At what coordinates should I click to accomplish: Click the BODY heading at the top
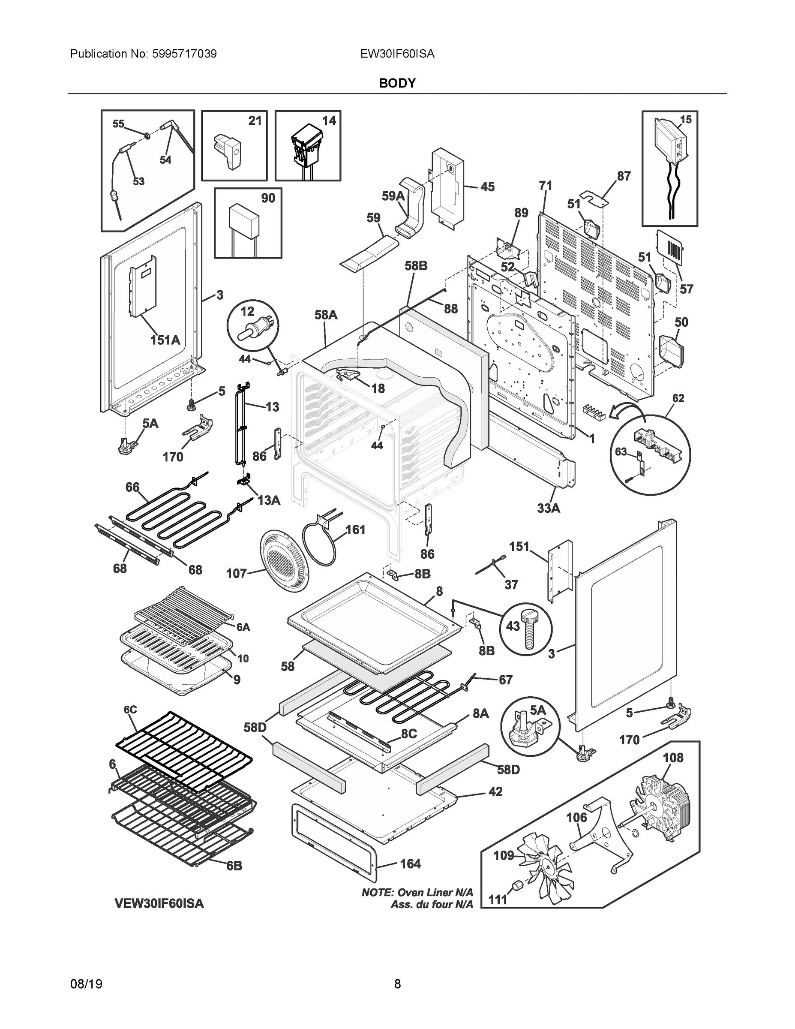point(397,84)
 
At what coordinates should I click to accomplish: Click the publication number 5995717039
point(184,54)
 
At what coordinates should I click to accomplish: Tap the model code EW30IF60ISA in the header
point(397,54)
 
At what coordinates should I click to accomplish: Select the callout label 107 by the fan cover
point(237,573)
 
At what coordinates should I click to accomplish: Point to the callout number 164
point(410,864)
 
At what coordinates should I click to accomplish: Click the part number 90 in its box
point(268,199)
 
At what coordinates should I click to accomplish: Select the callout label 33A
point(549,508)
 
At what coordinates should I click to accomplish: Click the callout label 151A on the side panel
point(165,340)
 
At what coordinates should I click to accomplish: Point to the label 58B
point(416,266)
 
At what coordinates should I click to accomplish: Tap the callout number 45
point(487,187)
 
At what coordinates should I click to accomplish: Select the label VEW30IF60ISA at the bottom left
point(159,904)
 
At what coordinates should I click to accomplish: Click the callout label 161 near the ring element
point(356,530)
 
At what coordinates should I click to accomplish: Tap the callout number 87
point(624,176)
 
